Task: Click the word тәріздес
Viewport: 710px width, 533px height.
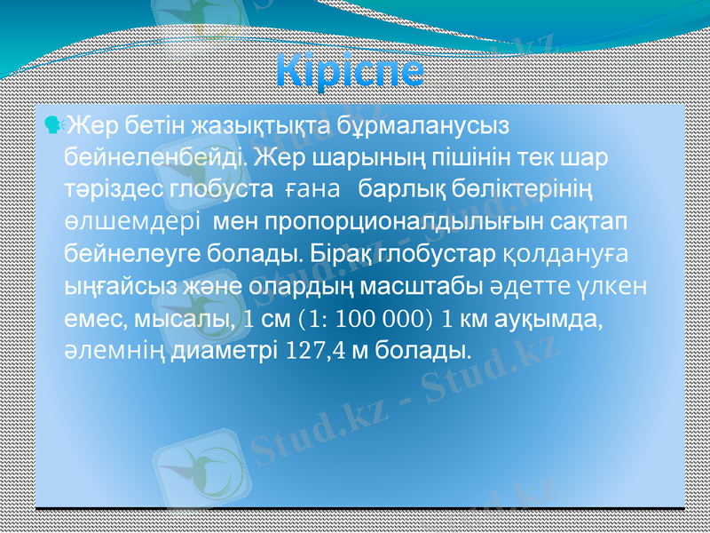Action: [x=114, y=188]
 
